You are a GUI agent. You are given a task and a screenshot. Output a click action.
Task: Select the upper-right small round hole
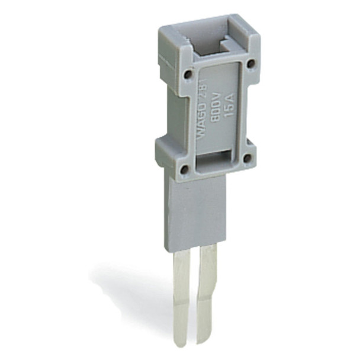(x=250, y=63)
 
